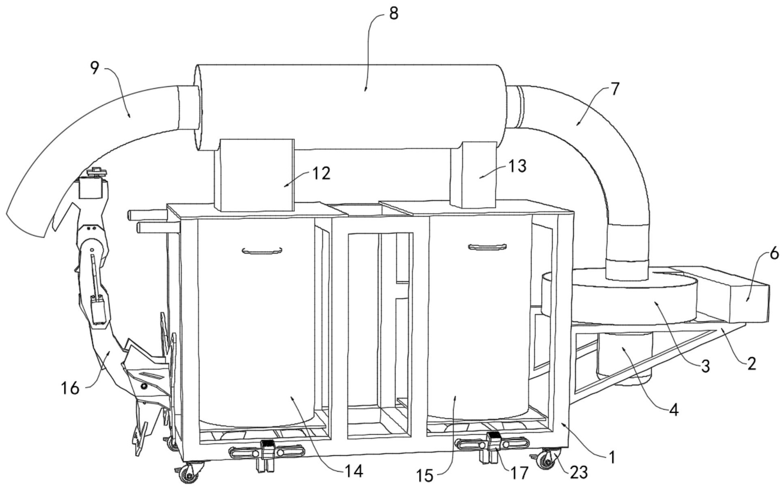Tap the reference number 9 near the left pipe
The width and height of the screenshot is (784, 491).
pos(94,68)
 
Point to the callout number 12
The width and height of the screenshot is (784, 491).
pos(321,173)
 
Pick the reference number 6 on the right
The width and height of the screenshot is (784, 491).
pos(774,254)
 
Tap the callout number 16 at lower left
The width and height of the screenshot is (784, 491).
pos(70,388)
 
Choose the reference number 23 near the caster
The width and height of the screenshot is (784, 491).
pos(579,472)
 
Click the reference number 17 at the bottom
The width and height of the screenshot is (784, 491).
pos(519,472)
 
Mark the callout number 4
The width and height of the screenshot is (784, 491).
pos(674,410)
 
